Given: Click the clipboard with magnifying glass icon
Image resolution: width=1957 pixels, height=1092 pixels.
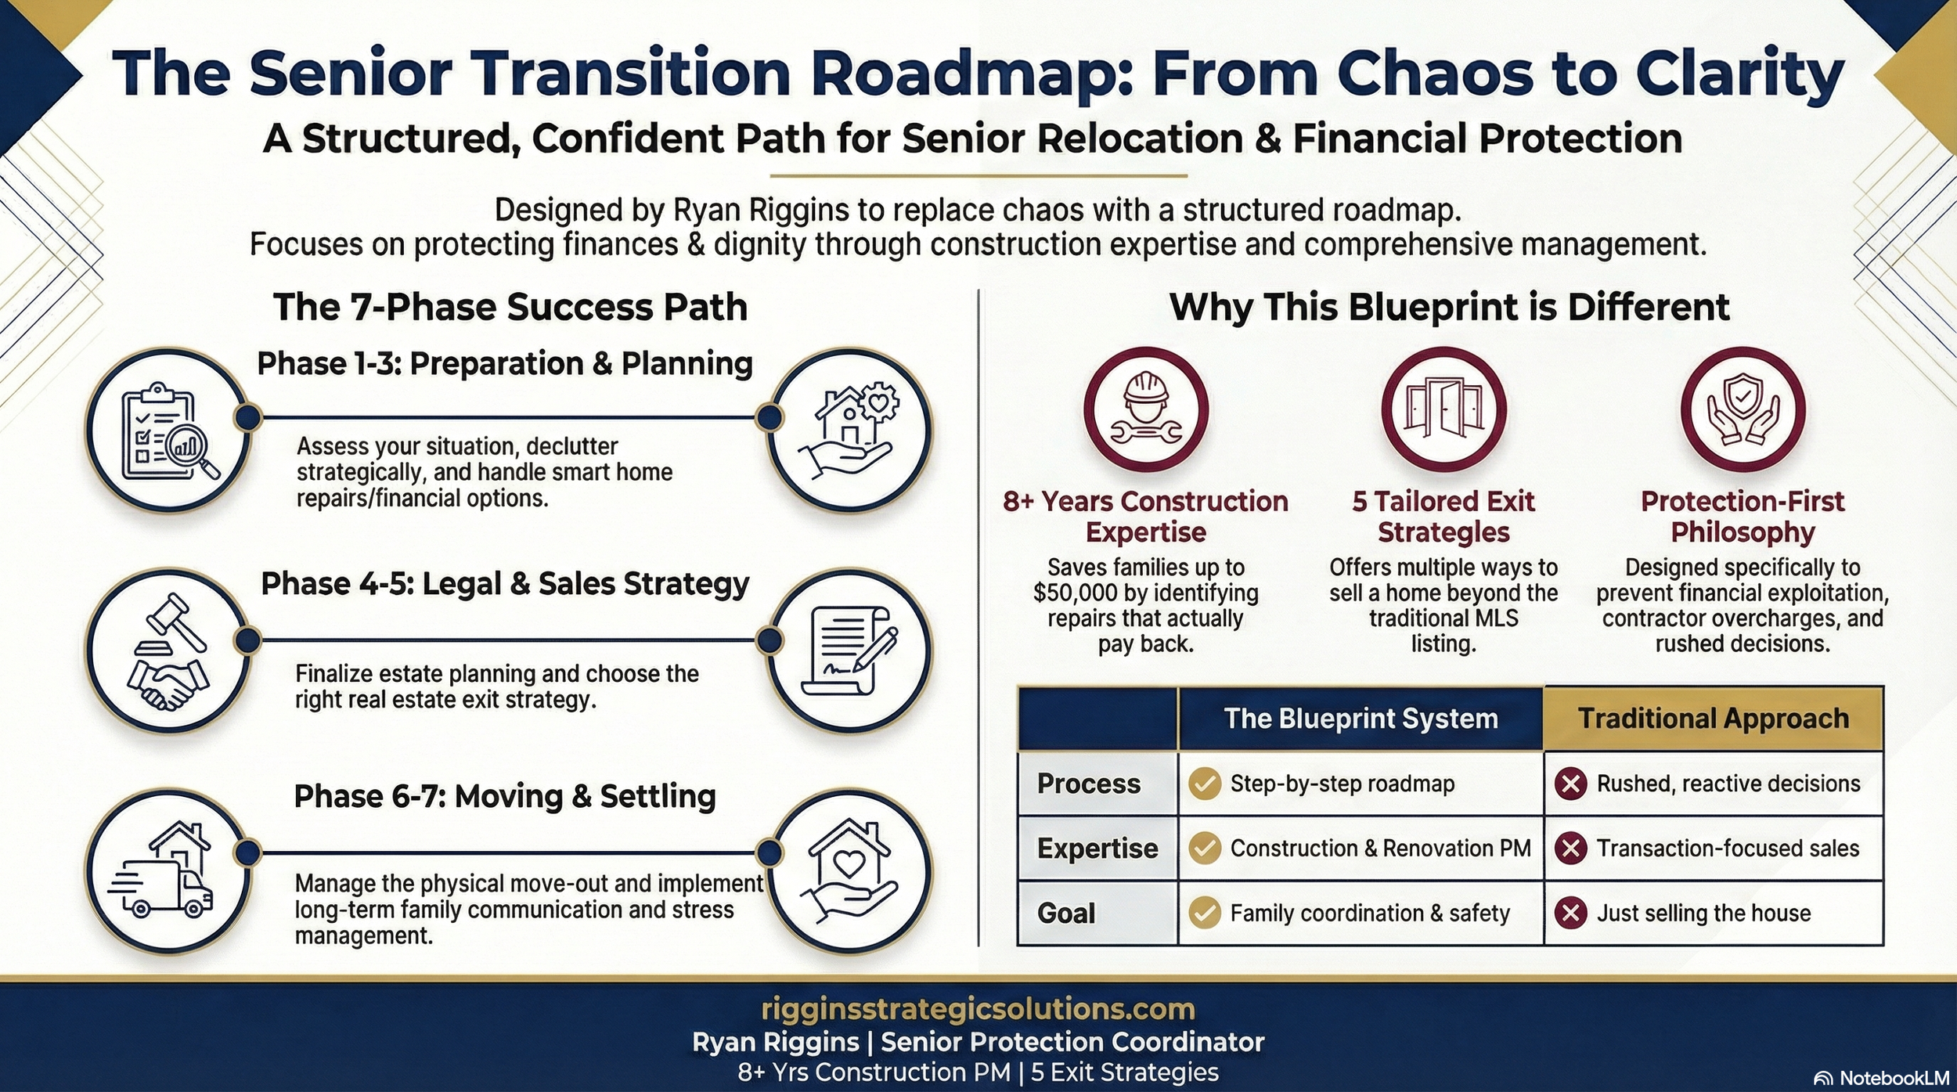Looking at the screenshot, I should [168, 431].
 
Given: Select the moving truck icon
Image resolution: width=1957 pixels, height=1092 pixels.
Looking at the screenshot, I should [168, 870].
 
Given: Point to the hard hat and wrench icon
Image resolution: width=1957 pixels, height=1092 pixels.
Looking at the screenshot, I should [1145, 409].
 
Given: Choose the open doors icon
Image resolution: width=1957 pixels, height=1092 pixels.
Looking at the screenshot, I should [1443, 409].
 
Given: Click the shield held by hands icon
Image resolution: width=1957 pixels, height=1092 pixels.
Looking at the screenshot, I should [1743, 409].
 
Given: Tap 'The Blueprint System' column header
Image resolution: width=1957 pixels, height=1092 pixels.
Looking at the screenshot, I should [1361, 719].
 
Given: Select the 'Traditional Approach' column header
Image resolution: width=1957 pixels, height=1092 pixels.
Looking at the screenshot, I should [1713, 719].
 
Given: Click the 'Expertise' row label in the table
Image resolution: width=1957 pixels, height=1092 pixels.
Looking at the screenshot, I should [1097, 849].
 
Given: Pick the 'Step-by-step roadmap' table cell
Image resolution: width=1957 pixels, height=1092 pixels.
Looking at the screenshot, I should [1342, 784].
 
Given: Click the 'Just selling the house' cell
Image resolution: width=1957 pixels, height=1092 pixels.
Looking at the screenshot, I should [1703, 913].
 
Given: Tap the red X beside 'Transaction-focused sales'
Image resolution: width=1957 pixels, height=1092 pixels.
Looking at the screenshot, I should [1570, 849].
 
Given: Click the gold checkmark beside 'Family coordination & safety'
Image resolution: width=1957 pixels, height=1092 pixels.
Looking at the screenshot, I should [1205, 913].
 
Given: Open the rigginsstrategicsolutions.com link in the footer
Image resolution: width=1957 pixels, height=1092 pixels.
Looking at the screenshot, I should [978, 1009].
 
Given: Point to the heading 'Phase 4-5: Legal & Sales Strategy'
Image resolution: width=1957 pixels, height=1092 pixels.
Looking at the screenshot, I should [505, 584].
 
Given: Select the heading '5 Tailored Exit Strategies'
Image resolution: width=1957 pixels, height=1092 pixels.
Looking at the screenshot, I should [1443, 517].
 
